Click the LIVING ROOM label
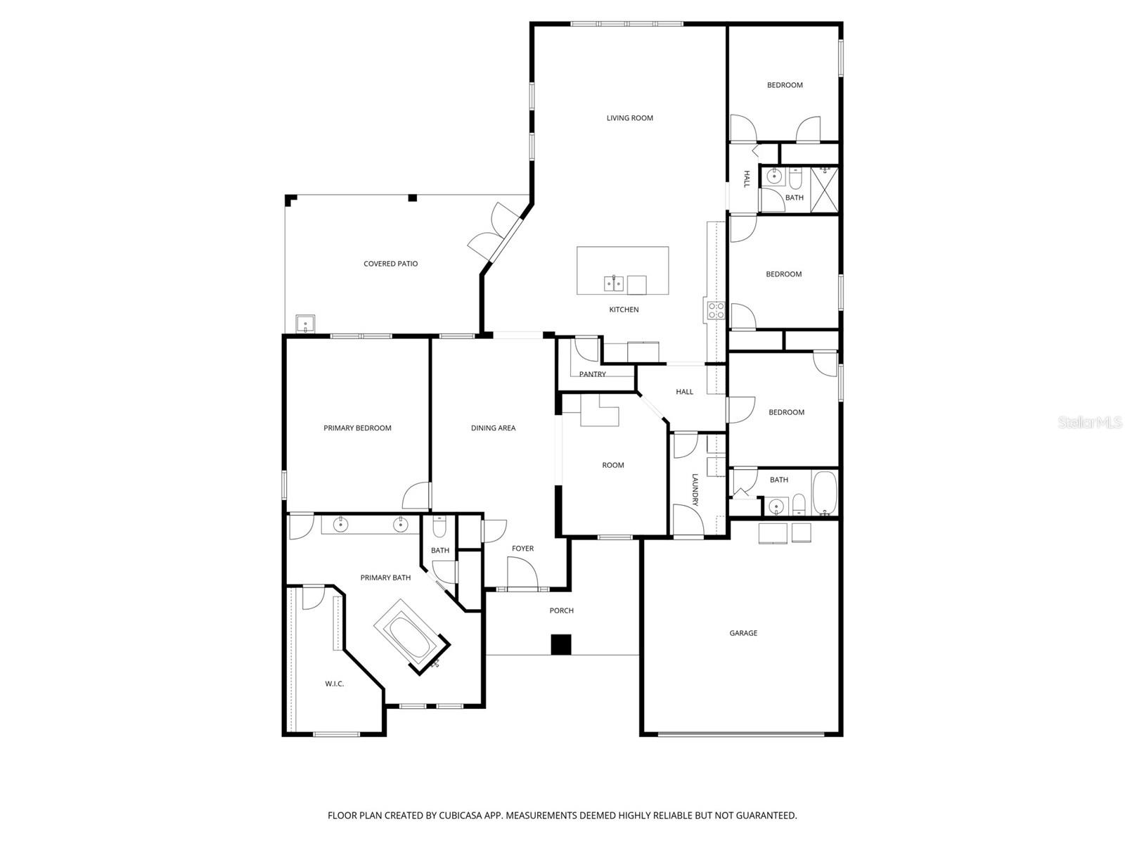point(629,118)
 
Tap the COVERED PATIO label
point(390,264)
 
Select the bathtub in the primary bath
point(412,637)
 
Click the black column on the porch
point(560,644)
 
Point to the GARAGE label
point(743,633)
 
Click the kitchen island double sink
point(614,283)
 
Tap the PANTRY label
point(592,374)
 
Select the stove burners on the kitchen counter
point(716,310)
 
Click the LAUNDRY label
point(695,490)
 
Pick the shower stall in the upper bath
point(825,188)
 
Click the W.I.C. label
point(334,684)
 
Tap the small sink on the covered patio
point(306,324)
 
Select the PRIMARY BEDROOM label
point(357,428)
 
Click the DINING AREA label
point(493,428)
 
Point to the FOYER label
point(522,549)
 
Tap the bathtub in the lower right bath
point(825,493)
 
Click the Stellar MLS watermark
point(1091,423)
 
